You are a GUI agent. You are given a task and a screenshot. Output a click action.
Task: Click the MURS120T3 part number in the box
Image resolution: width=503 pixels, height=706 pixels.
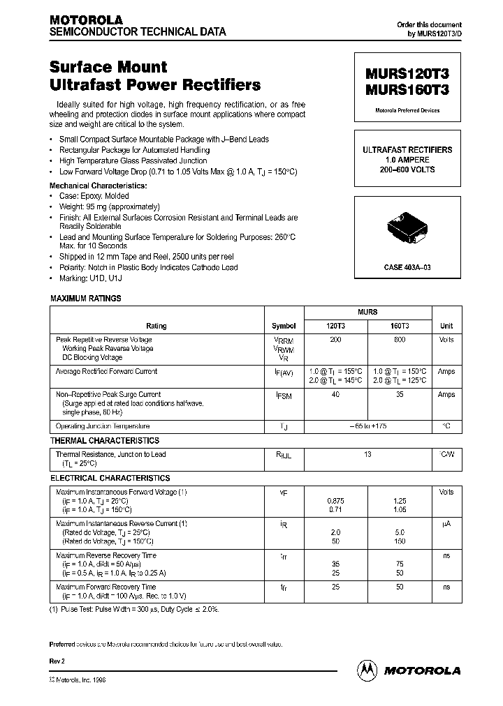pos(407,75)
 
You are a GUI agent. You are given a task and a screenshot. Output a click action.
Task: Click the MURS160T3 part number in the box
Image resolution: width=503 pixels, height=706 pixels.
pos(407,89)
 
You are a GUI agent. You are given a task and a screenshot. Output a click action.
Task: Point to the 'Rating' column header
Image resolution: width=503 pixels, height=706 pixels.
pos(156,326)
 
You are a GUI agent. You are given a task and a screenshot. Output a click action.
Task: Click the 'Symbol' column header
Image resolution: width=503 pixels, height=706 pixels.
pos(284,326)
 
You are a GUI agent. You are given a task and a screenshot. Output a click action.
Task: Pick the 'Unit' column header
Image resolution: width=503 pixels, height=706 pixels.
pos(446,326)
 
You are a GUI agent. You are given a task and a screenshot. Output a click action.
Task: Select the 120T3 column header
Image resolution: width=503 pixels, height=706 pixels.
pos(336,326)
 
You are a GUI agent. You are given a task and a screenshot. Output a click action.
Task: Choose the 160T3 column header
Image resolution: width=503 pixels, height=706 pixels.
pos(400,326)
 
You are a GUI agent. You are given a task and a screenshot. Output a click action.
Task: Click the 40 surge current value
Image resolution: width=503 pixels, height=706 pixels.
pos(336,395)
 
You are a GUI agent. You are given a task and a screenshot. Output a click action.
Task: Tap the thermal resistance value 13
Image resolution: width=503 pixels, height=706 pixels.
pos(368,455)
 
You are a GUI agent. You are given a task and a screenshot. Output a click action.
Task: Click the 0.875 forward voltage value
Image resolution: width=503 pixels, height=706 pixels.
pos(336,501)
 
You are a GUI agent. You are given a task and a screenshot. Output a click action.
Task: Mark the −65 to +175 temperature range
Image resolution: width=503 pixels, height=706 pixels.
pos(368,426)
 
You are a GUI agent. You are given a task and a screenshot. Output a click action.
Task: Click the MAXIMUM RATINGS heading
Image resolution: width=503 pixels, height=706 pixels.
pos(86,299)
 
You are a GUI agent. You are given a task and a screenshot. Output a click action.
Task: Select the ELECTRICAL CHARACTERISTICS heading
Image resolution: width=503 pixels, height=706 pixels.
pos(110,479)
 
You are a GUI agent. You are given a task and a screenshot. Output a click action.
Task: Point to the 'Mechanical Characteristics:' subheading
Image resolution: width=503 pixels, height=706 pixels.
pos(98,186)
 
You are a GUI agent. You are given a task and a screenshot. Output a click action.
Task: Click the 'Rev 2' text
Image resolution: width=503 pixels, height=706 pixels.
pos(57,659)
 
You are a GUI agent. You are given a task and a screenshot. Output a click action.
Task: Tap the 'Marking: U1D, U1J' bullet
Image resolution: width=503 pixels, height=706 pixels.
pos(90,278)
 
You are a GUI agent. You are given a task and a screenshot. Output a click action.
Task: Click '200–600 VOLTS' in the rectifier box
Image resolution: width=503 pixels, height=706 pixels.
pos(407,170)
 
